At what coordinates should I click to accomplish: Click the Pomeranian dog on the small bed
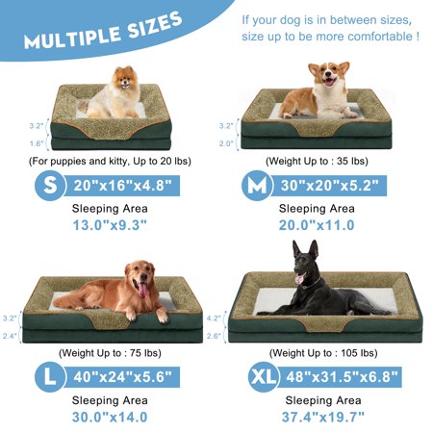113,93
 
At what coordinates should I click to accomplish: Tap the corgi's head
329,74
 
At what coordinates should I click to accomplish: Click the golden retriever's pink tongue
143,290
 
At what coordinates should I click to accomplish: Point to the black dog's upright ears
305,249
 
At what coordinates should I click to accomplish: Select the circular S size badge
50,186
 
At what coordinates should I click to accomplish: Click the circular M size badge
257,186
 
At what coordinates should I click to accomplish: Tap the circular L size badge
50,377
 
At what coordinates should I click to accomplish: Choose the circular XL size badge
264,377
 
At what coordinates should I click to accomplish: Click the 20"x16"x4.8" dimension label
122,186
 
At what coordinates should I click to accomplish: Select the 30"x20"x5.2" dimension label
330,186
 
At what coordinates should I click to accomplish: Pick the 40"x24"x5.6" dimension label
122,377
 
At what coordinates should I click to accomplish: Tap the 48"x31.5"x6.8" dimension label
342,377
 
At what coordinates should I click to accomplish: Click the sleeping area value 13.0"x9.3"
110,225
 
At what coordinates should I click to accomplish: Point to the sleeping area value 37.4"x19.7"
323,417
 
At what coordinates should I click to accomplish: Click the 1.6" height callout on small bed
37,143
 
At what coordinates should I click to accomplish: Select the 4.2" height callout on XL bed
214,318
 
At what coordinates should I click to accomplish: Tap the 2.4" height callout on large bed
10,336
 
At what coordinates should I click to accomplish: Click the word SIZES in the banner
155,26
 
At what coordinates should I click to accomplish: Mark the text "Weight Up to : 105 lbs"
323,353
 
